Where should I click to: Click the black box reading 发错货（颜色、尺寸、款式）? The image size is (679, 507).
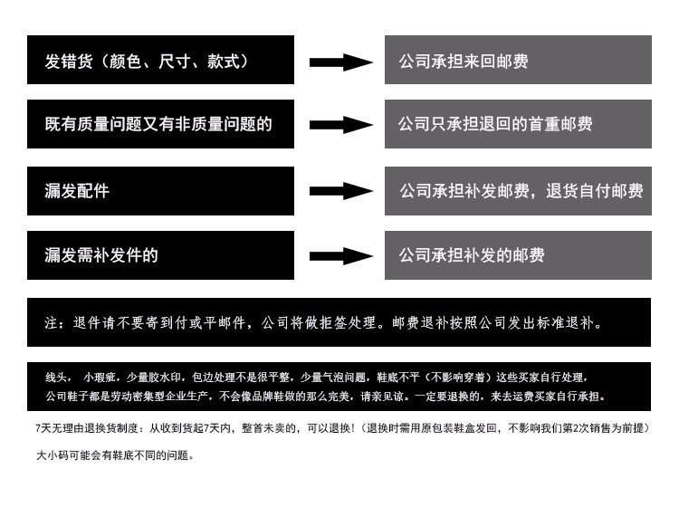pos(160,60)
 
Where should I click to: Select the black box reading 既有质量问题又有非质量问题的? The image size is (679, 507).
pos(160,124)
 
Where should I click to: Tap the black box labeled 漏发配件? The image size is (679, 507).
pos(160,191)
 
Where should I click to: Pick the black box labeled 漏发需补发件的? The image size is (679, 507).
pos(160,255)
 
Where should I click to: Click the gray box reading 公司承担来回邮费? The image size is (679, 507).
pos(518,60)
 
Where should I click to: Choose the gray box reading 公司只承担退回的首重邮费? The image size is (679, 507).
pos(518,124)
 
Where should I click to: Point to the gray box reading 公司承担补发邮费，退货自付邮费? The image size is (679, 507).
pos(518,191)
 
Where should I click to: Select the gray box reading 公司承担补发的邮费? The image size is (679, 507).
pos(518,255)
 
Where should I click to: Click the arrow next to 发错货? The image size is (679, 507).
pos(341,62)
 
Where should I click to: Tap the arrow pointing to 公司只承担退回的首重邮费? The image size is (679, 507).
pos(341,125)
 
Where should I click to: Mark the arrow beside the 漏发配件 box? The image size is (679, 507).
pos(341,191)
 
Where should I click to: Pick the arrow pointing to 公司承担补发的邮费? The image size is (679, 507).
pos(341,256)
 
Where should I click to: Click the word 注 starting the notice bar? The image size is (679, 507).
pos(52,322)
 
